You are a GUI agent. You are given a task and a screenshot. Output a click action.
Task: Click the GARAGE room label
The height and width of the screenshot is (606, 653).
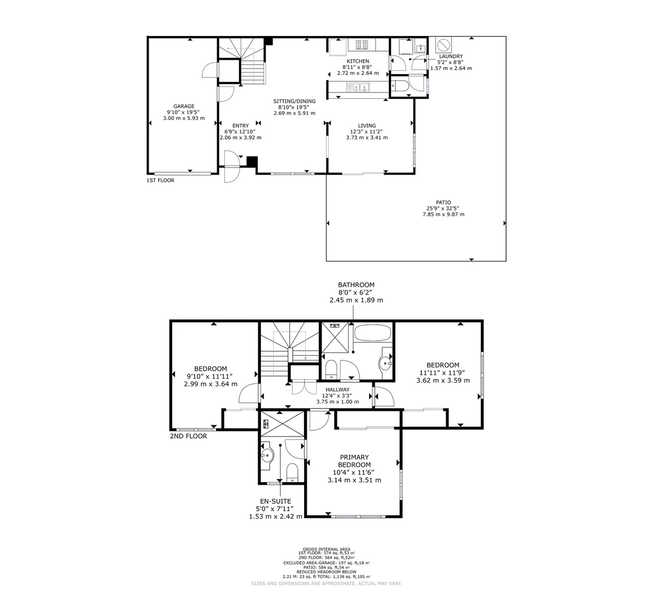click(183, 106)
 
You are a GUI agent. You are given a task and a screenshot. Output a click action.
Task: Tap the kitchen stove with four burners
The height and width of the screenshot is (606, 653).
click(358, 44)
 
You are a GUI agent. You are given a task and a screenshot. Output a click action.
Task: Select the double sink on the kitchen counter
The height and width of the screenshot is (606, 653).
click(359, 87)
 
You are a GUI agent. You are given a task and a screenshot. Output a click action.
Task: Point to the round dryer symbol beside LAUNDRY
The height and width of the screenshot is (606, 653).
click(443, 44)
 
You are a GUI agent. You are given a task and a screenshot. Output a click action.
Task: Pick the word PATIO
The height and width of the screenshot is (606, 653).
click(443, 203)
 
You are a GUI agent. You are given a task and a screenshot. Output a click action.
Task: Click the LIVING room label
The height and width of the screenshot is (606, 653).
click(367, 126)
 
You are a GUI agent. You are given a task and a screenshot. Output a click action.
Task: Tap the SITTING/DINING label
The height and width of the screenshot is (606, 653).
click(295, 101)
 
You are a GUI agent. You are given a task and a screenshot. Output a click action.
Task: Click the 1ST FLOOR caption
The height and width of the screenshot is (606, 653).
click(160, 181)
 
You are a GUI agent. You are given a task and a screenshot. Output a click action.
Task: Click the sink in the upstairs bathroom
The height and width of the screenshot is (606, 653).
click(386, 362)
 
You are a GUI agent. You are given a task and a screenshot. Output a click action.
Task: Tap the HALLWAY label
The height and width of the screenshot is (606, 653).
click(337, 389)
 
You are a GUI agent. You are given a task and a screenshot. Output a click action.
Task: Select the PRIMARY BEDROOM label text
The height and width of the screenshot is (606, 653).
click(354, 461)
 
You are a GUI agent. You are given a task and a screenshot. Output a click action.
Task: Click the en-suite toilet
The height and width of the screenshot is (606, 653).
click(292, 472)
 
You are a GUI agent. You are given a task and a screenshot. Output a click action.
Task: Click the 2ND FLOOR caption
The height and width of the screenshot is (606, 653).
click(188, 436)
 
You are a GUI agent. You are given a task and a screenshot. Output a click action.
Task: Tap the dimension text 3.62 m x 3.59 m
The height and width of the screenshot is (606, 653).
click(443, 380)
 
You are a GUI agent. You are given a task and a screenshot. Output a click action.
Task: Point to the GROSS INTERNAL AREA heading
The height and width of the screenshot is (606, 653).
click(326, 549)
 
